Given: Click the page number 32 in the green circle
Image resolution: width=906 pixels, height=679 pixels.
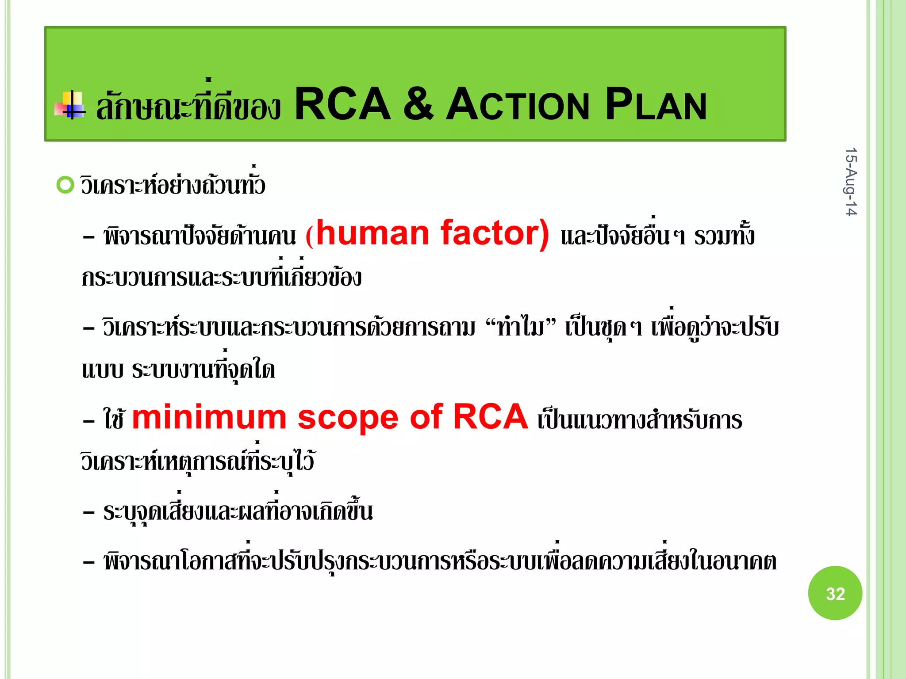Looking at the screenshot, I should (x=835, y=594).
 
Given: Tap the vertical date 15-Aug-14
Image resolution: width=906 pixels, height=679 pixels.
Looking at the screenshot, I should (x=851, y=182).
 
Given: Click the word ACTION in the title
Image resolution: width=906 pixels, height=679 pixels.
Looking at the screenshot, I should (x=517, y=105).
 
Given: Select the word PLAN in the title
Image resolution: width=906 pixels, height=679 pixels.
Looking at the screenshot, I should (x=656, y=105).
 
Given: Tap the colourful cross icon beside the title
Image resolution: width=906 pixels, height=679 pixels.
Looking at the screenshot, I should (x=70, y=106).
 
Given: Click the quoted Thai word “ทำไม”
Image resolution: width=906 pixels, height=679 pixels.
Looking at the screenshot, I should (x=520, y=328).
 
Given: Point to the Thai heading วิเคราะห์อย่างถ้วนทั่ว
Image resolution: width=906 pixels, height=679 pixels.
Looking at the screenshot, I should (x=173, y=185).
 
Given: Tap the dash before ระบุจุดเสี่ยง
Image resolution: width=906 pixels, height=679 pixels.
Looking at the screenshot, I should (x=88, y=512).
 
